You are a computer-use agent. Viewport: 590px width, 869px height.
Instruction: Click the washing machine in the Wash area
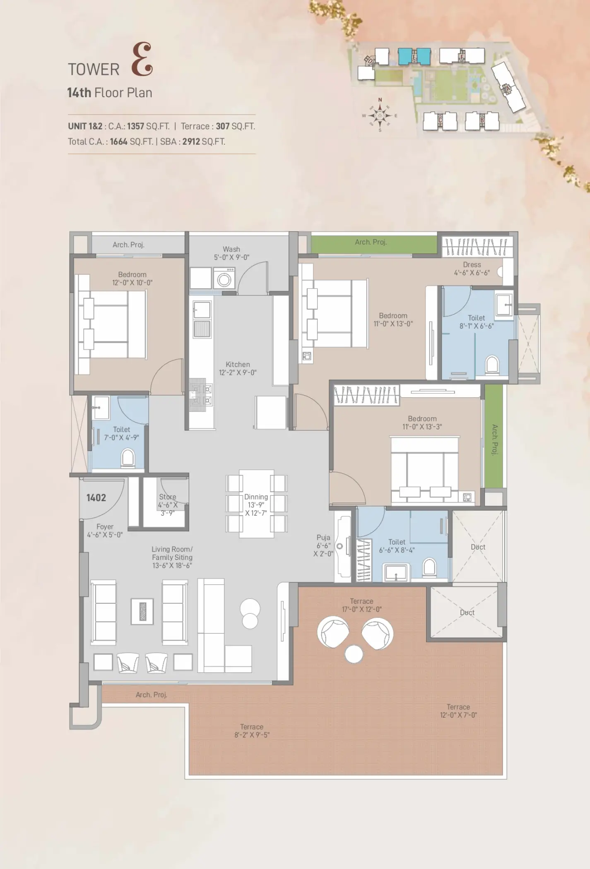coord(224,278)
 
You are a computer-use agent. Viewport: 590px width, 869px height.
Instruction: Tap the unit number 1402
coord(96,498)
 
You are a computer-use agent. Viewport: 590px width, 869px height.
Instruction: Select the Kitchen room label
coord(238,365)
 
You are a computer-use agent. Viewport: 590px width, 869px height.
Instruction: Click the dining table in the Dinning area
coord(256,503)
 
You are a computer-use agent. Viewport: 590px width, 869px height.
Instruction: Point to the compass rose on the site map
coord(380,115)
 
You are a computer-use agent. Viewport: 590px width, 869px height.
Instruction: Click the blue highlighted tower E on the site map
coord(414,56)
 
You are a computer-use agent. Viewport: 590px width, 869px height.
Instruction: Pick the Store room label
coord(168,497)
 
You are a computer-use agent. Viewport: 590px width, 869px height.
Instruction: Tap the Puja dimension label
coord(323,550)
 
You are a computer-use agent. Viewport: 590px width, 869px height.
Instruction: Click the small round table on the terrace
coord(354,654)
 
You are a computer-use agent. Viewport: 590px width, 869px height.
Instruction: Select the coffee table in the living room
coord(142,611)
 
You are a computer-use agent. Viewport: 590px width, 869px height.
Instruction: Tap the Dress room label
coord(472,265)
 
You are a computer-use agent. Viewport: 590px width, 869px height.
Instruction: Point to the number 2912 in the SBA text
coord(191,142)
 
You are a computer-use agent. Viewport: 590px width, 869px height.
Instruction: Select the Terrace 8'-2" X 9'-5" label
coord(252,731)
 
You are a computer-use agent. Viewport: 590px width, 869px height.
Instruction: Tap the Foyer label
coord(105,527)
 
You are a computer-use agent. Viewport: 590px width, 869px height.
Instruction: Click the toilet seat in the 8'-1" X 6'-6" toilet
coord(492,365)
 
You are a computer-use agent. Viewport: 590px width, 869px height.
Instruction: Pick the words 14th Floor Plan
coord(110,93)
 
